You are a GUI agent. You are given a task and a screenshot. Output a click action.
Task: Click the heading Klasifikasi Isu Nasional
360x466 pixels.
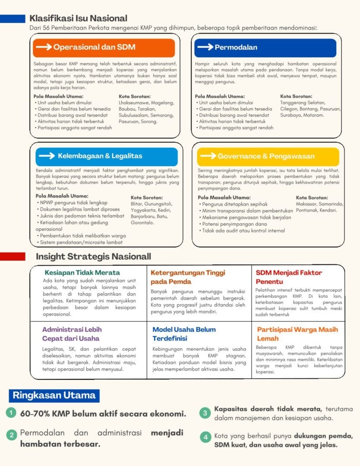point(78,19)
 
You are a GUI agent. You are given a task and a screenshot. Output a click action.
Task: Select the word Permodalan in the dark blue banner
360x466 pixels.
point(236,47)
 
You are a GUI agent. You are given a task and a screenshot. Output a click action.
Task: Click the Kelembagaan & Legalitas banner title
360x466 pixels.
point(100,156)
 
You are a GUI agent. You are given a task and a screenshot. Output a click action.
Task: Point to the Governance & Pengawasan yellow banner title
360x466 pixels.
point(266,156)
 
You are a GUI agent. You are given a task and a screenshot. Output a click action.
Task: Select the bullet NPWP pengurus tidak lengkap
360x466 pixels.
point(73,203)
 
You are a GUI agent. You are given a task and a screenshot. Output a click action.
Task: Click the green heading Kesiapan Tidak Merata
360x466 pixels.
point(82,273)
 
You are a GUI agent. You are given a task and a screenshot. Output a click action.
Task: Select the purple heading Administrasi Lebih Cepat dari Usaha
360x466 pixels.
point(72,334)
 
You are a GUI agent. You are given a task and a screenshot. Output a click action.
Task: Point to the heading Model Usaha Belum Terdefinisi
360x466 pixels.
point(184,334)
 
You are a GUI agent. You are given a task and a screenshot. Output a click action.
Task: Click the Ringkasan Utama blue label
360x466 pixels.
point(54,395)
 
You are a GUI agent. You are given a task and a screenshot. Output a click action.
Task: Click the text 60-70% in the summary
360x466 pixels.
point(35,414)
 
